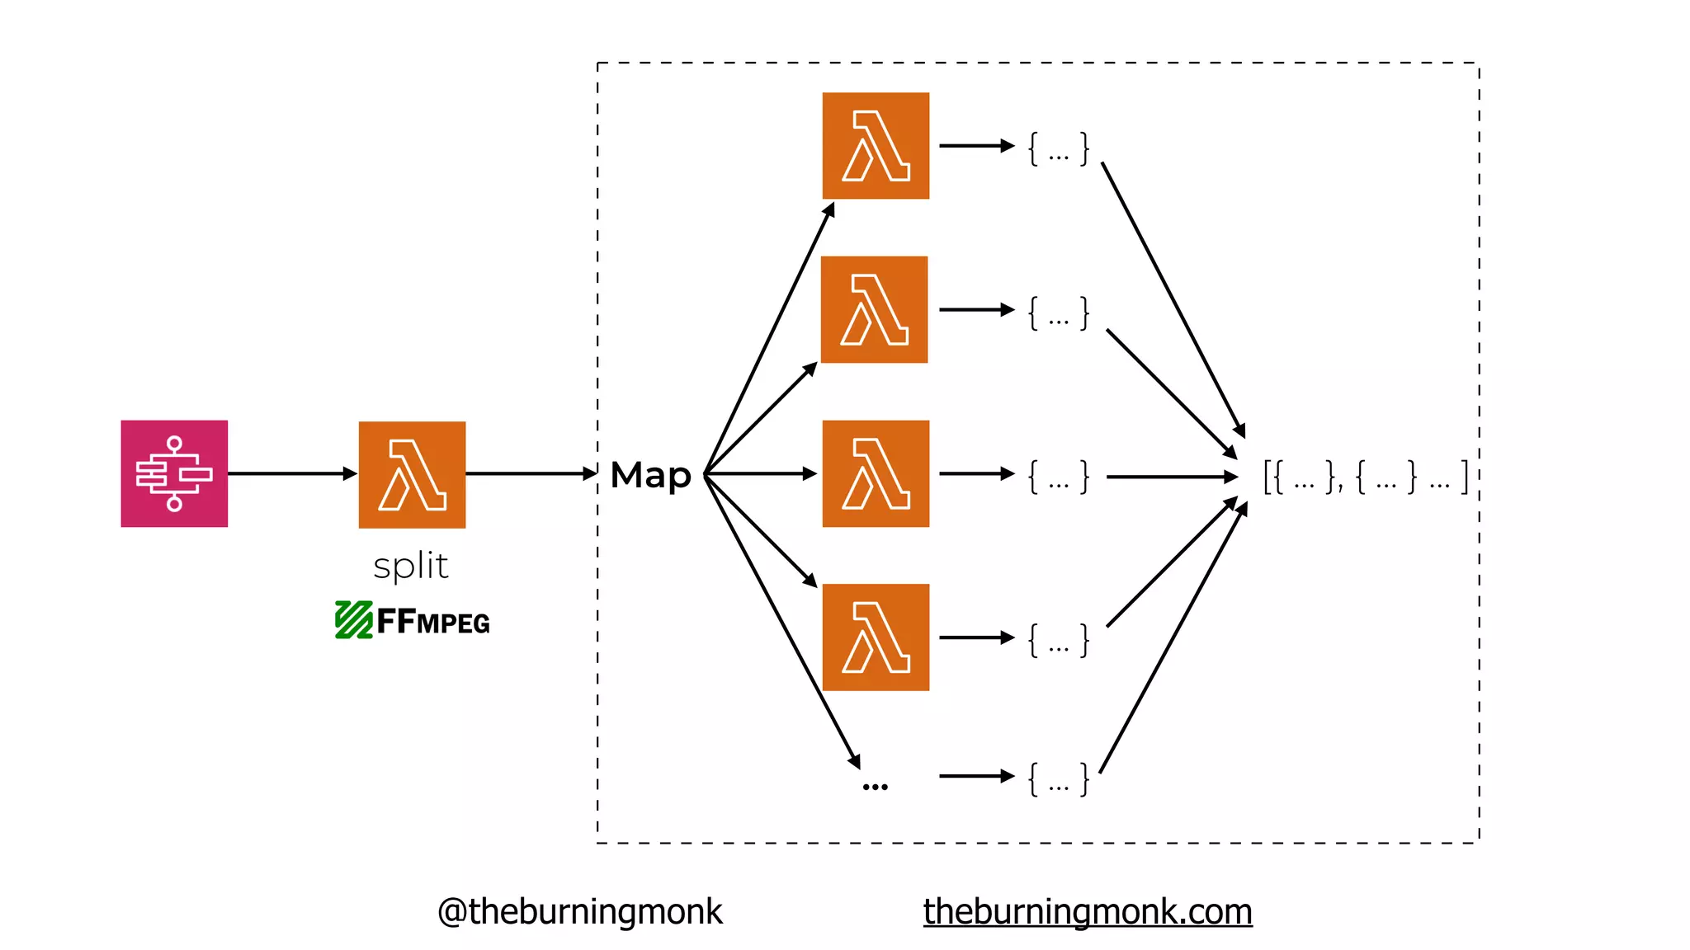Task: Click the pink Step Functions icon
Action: (174, 473)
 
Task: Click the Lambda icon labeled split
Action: (412, 474)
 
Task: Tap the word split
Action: (411, 567)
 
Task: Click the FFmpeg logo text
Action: (434, 621)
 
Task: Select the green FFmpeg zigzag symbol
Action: (353, 620)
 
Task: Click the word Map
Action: (650, 475)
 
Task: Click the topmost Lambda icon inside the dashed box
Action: (876, 146)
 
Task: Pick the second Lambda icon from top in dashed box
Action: (875, 309)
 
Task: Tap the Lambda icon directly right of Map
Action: (876, 473)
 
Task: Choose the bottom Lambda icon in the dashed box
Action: (876, 637)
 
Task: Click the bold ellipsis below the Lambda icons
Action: (875, 787)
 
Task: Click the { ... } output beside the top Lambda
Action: (1059, 149)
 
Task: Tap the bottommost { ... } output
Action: (1059, 779)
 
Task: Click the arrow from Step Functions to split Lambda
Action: (291, 473)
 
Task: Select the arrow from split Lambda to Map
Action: (530, 473)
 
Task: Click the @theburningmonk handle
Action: (579, 912)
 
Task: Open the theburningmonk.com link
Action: (1087, 912)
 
